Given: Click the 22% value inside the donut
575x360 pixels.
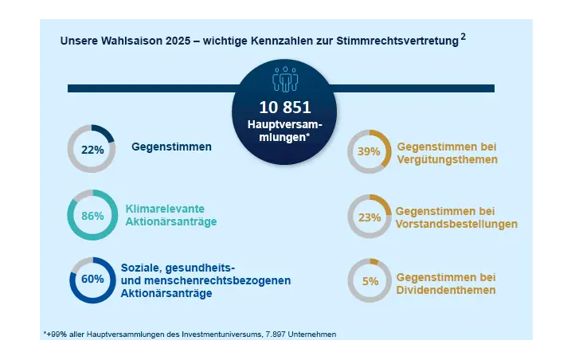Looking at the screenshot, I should tap(92, 149).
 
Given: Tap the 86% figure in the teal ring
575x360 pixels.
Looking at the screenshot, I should tap(92, 215).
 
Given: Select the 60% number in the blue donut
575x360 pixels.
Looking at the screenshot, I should tap(92, 280).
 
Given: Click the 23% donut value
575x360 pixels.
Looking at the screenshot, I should tap(369, 217).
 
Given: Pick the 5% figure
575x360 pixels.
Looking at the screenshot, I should tap(370, 281).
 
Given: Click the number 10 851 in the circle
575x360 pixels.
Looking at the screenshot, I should tap(284, 107).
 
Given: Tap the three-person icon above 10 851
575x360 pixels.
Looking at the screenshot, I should tap(284, 80).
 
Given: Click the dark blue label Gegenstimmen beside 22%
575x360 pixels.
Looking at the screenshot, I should tap(171, 147).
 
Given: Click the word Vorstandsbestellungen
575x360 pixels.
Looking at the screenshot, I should tap(456, 224).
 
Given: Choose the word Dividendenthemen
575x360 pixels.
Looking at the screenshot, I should tap(445, 290).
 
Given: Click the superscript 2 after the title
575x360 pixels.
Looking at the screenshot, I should tap(463, 37).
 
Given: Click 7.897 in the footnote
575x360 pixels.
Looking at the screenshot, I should tap(257, 334).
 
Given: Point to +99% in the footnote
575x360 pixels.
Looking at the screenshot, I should tap(56, 334).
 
